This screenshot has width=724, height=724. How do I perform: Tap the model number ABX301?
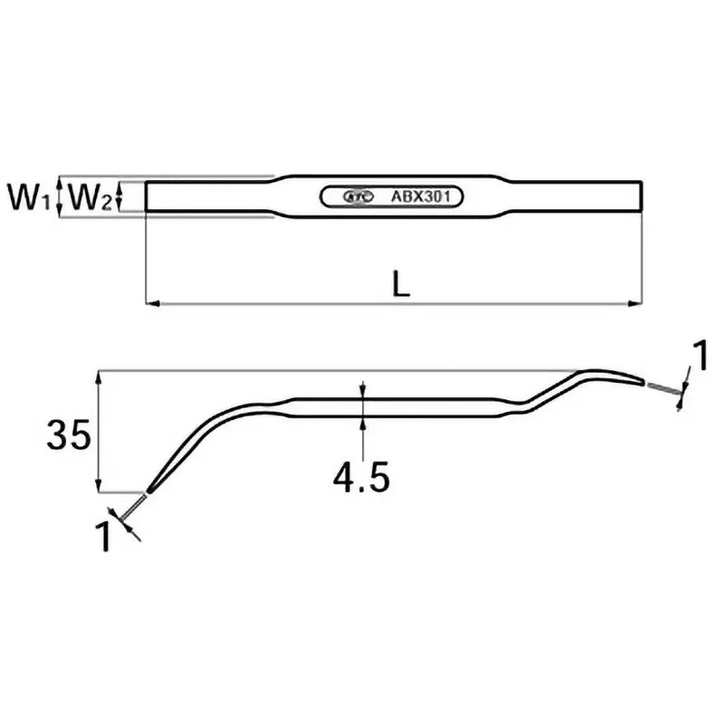point(423,195)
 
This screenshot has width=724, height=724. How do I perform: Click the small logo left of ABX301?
point(356,195)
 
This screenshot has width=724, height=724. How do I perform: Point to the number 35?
point(69,437)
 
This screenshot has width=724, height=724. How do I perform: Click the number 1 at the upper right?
point(699,357)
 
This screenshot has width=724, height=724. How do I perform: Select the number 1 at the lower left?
point(105,537)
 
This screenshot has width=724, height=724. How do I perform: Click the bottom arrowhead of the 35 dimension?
point(97,487)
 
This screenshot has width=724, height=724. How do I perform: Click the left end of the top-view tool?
point(148,197)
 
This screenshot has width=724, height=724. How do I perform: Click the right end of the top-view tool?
point(642,196)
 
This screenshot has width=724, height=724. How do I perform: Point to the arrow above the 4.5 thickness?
point(362,388)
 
